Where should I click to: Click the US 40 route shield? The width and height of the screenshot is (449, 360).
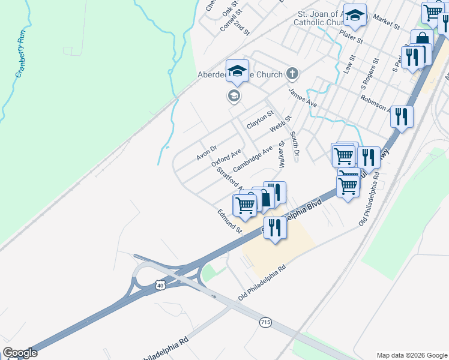click(x=160, y=286)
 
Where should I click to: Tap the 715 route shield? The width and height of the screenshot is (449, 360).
click(x=265, y=323)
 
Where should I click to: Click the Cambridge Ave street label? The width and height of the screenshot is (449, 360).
click(x=253, y=157)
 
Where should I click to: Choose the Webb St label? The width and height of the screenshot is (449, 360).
click(x=280, y=124)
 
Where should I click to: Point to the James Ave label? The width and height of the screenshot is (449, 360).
click(x=303, y=98)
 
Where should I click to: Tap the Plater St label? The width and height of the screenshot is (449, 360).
click(x=351, y=37)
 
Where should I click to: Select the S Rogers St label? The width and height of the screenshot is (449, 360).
click(x=369, y=71)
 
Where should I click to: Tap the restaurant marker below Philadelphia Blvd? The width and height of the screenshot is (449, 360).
click(x=275, y=227)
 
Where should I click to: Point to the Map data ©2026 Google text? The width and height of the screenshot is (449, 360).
click(x=411, y=355)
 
